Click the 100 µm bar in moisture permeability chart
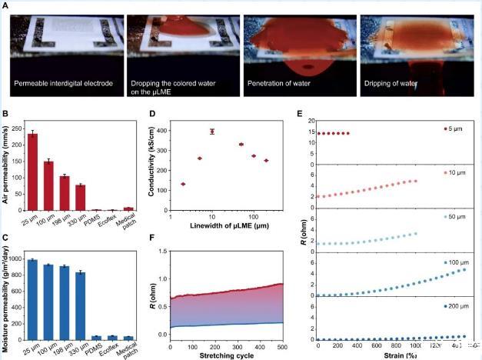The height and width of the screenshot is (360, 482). tap(48, 301)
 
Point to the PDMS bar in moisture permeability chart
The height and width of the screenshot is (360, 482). tap(96, 338)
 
